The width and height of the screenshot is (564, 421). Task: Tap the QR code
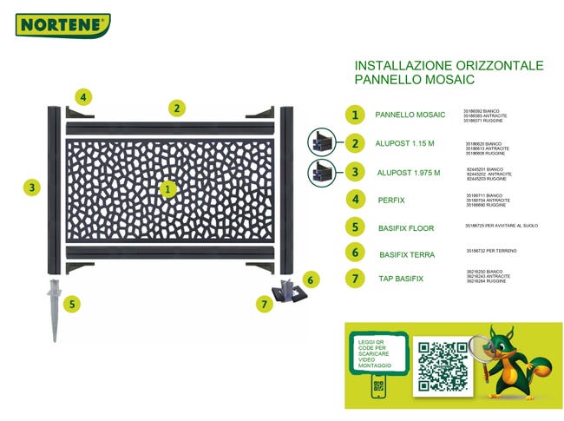(x=443, y=365)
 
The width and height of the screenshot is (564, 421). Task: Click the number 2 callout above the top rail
(x=176, y=109)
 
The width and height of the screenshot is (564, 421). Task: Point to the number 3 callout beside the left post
(x=32, y=187)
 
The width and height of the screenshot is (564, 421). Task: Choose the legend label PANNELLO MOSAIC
(x=410, y=115)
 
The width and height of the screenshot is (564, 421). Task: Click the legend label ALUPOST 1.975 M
(x=409, y=173)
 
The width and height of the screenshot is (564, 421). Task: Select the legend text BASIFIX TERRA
(x=407, y=255)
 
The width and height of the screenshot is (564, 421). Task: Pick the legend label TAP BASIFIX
(x=400, y=279)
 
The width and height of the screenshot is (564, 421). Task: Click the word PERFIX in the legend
(x=391, y=201)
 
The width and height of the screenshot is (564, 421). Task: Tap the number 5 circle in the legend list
(x=354, y=227)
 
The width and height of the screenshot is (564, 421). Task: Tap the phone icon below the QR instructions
(x=378, y=387)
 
